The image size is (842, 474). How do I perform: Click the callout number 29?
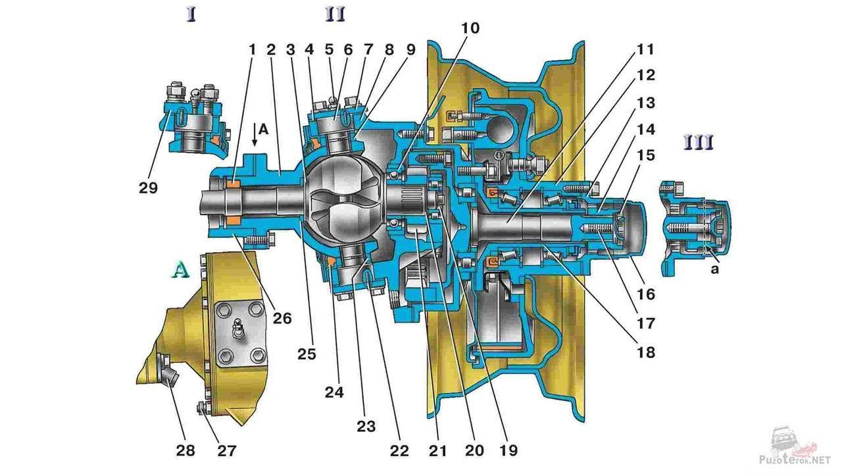coord(148,188)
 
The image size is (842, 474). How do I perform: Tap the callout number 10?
coord(470,28)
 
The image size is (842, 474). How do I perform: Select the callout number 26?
coord(282,319)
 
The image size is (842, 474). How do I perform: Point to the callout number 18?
coord(645,352)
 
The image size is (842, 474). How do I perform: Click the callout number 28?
coord(186,450)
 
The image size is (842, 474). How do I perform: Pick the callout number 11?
coord(645,49)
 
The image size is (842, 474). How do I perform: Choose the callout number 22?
coord(399,450)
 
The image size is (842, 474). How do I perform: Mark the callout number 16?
coord(645,294)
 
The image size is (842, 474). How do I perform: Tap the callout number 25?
coord(307,354)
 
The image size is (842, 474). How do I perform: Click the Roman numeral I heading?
coord(191,15)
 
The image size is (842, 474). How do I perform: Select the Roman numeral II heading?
coord(335,15)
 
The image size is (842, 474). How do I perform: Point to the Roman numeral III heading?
coord(699,144)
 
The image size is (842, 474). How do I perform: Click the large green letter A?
coord(181,270)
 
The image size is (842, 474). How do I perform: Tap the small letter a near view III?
coord(714,269)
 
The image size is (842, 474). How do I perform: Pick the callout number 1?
coord(252,49)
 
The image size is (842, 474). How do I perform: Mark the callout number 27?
coord(226,450)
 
